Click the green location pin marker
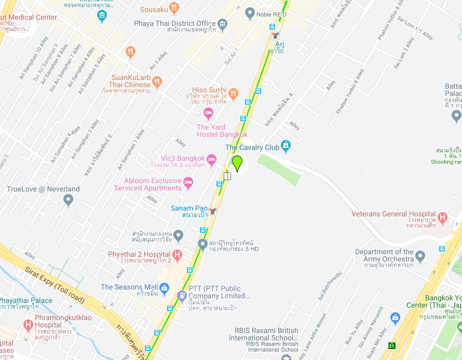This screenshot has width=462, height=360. pos(237,163)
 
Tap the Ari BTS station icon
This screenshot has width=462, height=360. pos(275,36)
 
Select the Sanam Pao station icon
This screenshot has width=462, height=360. pos(212,211)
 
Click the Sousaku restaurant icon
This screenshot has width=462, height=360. pos(174,8)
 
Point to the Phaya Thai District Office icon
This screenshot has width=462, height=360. pos(223,24)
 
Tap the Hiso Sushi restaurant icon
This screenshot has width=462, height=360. pos(233,94)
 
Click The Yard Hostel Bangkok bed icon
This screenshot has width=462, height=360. pos(208,113)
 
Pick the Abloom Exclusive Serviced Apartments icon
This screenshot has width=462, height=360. pos(188,182)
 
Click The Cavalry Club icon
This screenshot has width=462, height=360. pos(286,146)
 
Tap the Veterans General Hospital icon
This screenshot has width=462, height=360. pos(442,217)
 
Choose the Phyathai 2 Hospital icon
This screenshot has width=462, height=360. pos(177,255)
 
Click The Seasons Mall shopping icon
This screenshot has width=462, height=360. pos(164,287)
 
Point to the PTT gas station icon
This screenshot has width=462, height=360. pos(181,296)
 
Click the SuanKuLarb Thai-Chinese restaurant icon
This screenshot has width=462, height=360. pos(157,81)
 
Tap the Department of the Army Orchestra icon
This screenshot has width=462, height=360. pos(420,256)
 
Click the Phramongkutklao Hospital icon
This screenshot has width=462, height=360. pos(28,325)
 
